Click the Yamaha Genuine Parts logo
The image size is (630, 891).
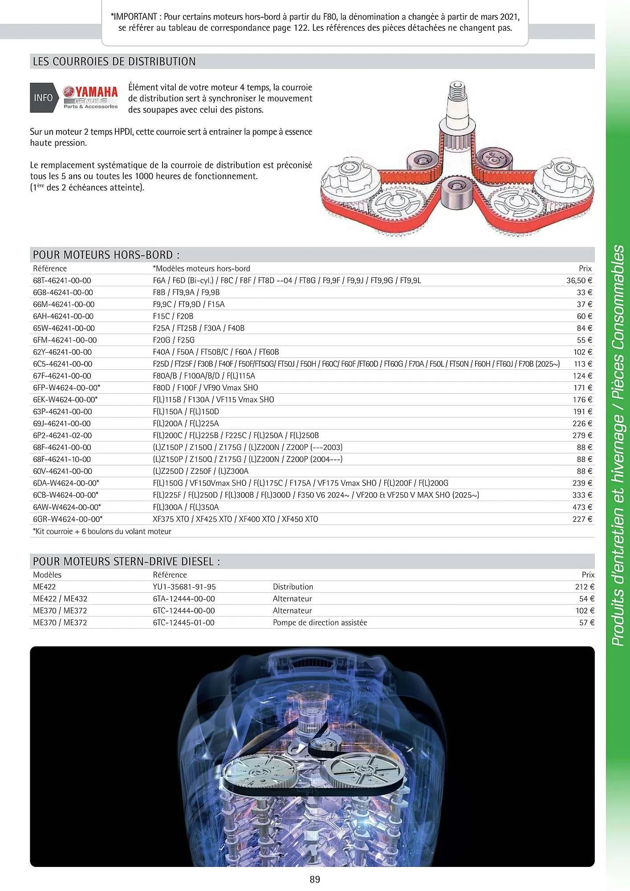point(90,98)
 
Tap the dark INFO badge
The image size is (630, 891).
point(43,98)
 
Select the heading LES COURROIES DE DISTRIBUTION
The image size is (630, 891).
point(114,61)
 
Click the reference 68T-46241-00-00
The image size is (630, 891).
point(62,281)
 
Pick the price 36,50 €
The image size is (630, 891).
point(579,281)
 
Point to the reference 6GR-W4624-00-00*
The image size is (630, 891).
point(68,519)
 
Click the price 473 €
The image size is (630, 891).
point(582,507)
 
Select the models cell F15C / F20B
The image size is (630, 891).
point(173,316)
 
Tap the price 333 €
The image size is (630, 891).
point(582,495)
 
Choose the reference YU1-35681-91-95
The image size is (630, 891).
point(184,587)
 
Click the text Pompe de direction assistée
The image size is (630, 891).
point(320,623)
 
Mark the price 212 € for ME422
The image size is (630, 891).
point(584,587)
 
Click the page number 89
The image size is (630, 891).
point(315,879)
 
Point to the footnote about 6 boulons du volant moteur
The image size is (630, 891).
point(102,531)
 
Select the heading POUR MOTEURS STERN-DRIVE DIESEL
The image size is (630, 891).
point(126,562)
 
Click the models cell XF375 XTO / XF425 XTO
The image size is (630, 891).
point(235,519)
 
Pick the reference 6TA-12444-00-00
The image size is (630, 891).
point(184,599)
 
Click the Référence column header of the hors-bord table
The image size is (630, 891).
point(50,269)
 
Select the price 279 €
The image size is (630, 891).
point(582,435)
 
